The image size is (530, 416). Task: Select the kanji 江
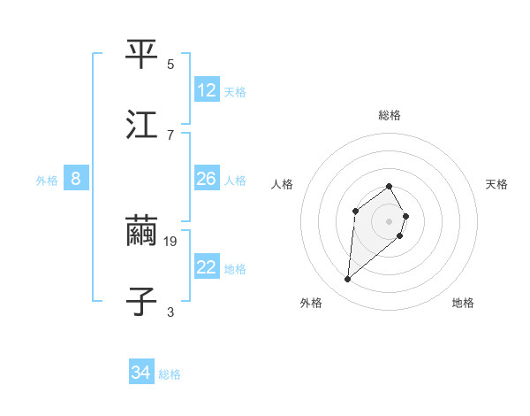141,124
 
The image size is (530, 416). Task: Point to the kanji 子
141,301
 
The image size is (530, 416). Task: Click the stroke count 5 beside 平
170,65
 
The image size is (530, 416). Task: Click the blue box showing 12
207,90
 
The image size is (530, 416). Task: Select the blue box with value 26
207,179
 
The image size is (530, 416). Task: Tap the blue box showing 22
207,267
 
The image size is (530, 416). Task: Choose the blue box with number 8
76,179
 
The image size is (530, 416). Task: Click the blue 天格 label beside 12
235,92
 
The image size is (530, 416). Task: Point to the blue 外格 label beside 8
47,181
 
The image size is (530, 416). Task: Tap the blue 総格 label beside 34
170,374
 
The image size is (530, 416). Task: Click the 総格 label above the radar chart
390,115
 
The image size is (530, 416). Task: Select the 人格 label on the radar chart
283,184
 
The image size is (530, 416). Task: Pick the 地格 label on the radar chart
463,303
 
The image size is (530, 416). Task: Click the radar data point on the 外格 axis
348,280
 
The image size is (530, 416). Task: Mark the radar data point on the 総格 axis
389,186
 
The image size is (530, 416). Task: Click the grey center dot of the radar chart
389,221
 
